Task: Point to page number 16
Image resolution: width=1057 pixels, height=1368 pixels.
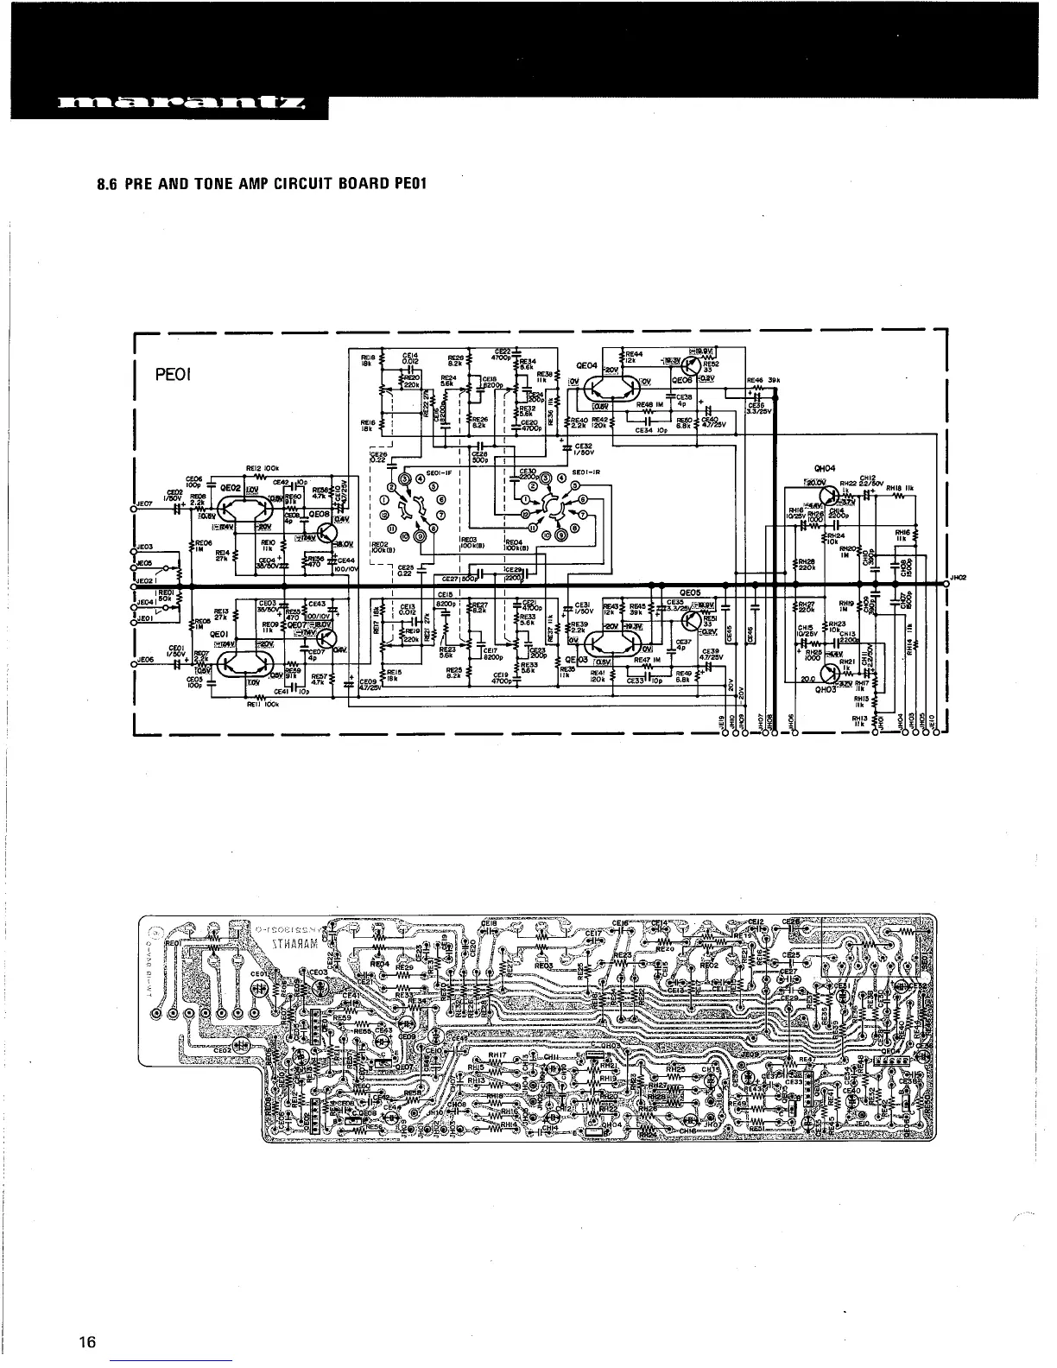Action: pos(86,1342)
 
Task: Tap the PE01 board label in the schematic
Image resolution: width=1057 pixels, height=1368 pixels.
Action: pos(173,375)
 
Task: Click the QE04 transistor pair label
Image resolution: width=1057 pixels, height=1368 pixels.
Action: pos(586,365)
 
